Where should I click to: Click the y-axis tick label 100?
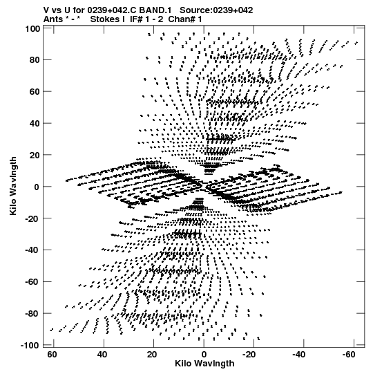[32, 28]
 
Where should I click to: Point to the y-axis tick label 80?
[35, 60]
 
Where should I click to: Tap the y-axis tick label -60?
[32, 281]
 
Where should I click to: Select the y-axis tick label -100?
[30, 345]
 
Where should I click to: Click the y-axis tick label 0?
[37, 187]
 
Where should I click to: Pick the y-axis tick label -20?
[32, 218]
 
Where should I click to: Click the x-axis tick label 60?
[52, 355]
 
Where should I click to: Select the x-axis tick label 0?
[204, 355]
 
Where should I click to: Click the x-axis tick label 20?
[152, 355]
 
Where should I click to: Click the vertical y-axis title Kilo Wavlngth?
[13, 186]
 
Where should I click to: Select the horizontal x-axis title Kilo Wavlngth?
[204, 364]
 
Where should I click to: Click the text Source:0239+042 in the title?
[216, 10]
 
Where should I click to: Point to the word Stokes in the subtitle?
[108, 19]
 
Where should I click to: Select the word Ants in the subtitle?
[53, 19]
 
